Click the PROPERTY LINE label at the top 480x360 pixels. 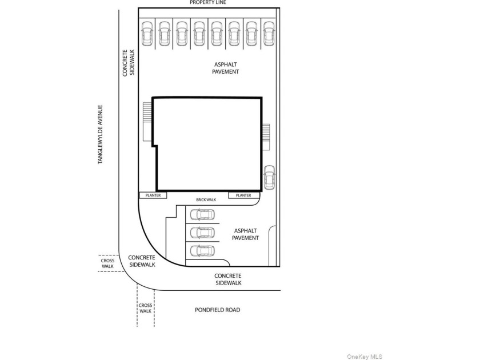[x=208, y=2]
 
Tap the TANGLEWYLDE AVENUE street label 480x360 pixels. [x=100, y=134]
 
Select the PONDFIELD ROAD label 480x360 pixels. [x=217, y=310]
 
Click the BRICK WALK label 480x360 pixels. [x=206, y=200]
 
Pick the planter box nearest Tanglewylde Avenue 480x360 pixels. [x=153, y=195]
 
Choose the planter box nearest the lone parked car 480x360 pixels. [x=244, y=195]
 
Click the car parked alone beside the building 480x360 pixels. [x=269, y=177]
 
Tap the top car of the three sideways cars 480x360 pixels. [x=202, y=215]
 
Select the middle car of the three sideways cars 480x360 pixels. [x=202, y=233]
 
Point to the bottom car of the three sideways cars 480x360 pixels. [x=202, y=251]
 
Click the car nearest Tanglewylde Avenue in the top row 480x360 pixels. [x=147, y=34]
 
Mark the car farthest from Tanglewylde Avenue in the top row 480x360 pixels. [x=269, y=34]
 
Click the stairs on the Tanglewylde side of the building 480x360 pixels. [x=147, y=122]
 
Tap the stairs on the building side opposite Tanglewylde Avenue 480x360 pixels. [x=266, y=137]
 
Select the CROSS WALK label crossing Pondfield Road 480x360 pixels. [x=145, y=308]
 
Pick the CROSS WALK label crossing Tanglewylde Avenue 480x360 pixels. [x=107, y=263]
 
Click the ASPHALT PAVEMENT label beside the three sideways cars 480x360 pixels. [x=246, y=234]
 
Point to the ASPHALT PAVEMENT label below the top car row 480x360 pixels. [x=226, y=68]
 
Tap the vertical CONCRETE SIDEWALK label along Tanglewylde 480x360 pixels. [x=129, y=63]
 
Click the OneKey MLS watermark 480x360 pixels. [x=365, y=357]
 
